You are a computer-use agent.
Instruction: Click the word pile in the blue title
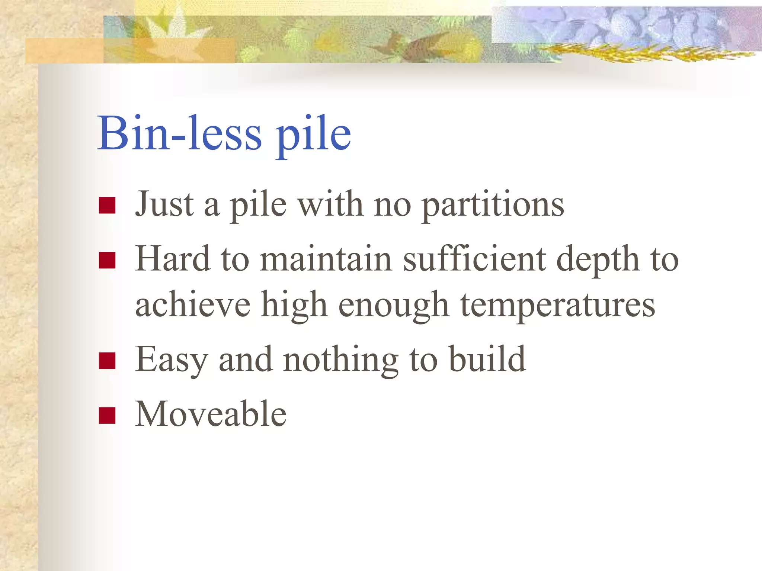click(x=313, y=135)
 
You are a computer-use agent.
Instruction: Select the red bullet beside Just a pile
click(x=107, y=205)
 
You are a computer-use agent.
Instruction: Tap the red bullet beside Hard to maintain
click(x=107, y=260)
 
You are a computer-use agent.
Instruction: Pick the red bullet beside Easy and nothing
click(x=107, y=361)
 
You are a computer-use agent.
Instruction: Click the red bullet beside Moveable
click(x=107, y=415)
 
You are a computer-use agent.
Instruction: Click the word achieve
click(x=193, y=305)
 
